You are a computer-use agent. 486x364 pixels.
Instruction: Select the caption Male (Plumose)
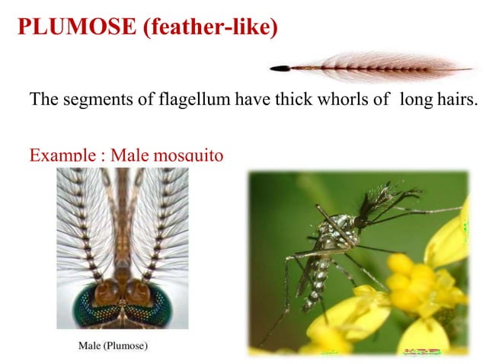click(x=114, y=346)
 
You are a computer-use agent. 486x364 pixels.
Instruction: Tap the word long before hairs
click(x=414, y=100)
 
